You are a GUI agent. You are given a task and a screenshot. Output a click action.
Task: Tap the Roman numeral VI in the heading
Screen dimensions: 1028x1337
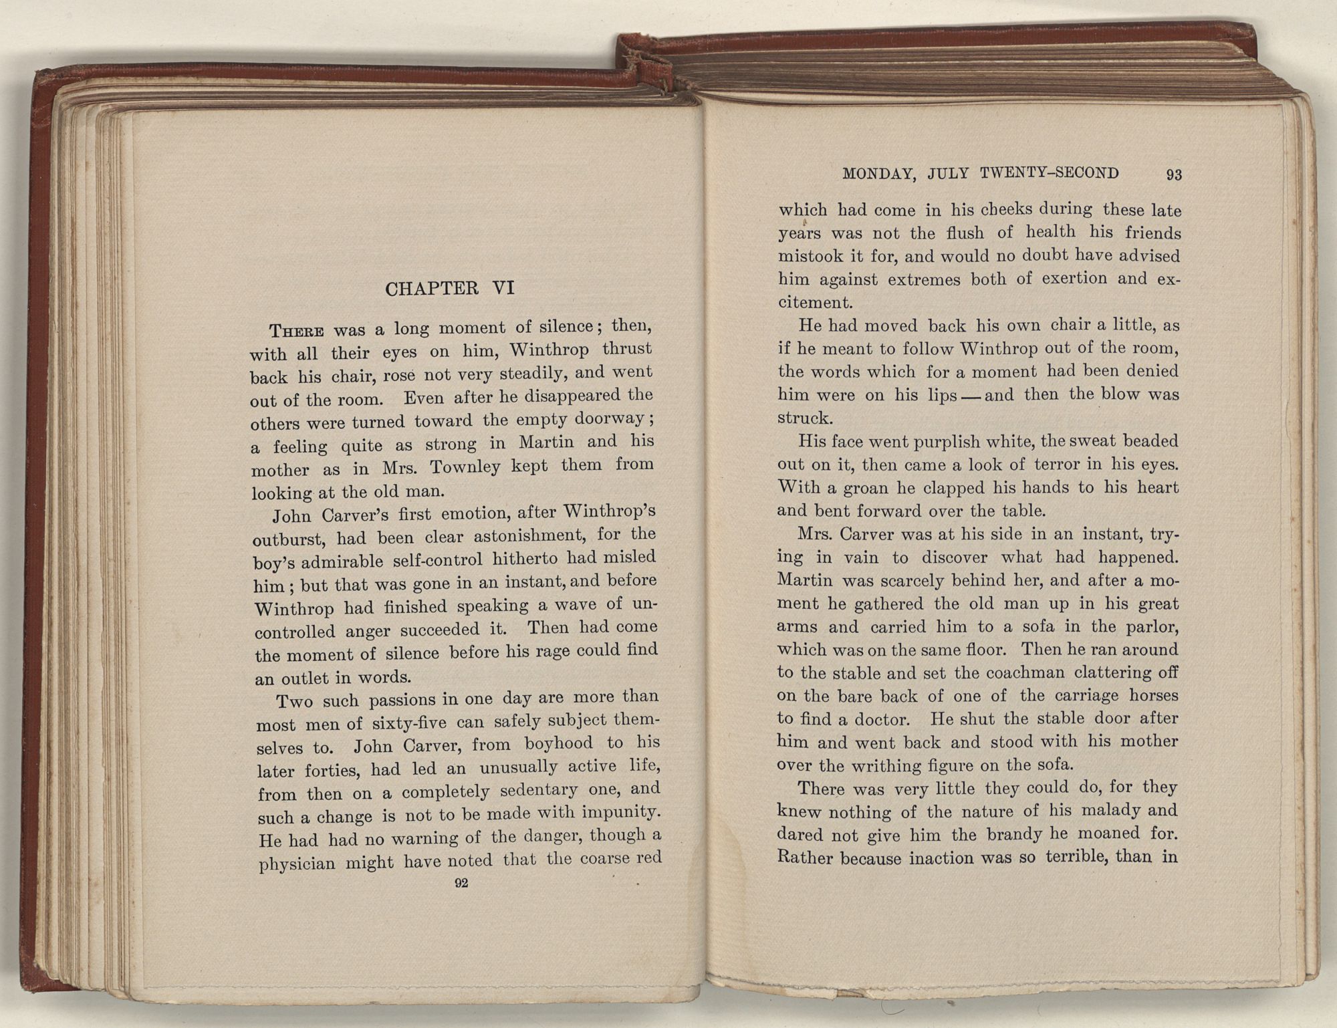click(503, 287)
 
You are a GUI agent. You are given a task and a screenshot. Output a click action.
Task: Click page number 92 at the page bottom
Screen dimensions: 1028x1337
click(461, 883)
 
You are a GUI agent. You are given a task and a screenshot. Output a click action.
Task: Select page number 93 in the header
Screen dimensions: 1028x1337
click(1174, 175)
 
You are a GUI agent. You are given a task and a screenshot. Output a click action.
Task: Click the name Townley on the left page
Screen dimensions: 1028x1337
click(465, 467)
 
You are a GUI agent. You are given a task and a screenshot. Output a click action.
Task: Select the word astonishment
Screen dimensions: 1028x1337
click(527, 536)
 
